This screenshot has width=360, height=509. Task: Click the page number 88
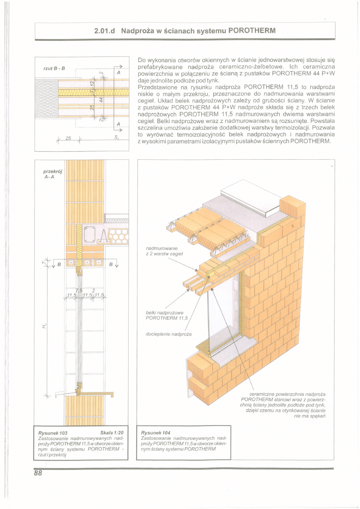[x=38, y=474]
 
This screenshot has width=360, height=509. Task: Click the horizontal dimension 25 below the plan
[x=68, y=139]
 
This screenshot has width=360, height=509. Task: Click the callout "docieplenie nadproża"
[x=169, y=334]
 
